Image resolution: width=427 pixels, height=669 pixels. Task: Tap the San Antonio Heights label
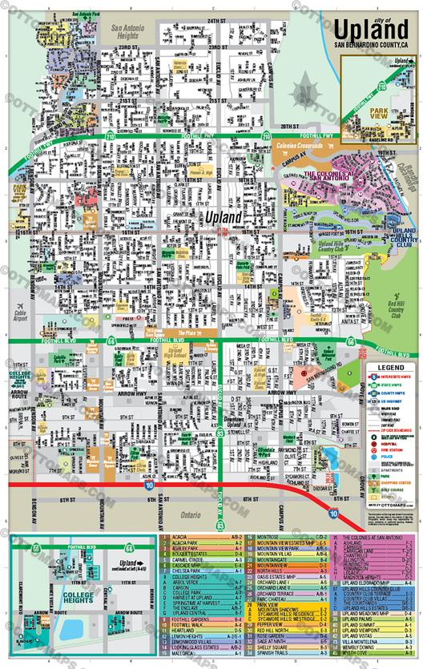point(126,32)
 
